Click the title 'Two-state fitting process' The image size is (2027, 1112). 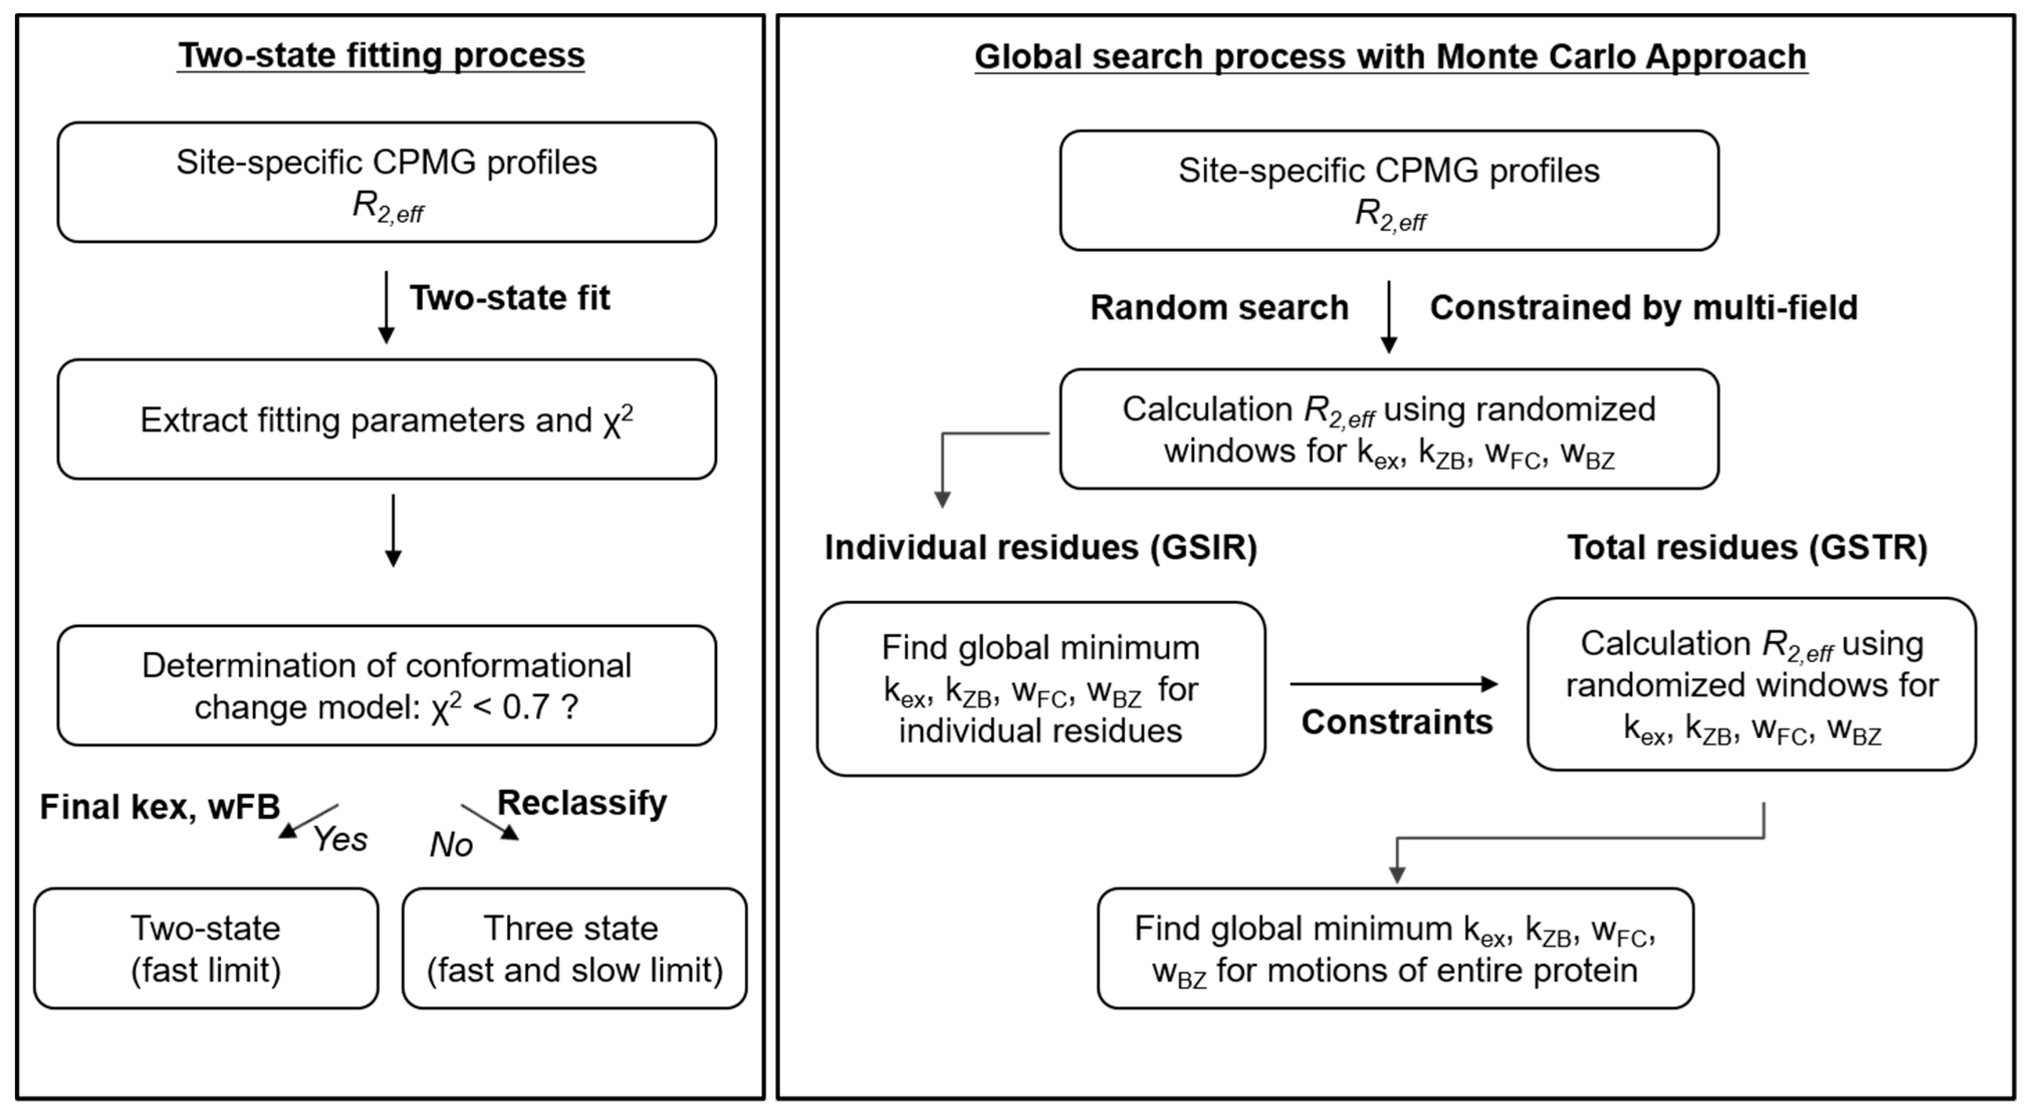tap(381, 56)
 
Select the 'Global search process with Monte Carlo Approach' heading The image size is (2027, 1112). tap(1390, 57)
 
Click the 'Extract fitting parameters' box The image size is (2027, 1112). tap(386, 420)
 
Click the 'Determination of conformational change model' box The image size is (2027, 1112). tap(386, 685)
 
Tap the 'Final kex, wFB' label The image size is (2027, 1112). tap(160, 807)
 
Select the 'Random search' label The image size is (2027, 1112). tap(1219, 308)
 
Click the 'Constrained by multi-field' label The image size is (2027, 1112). tap(1643, 308)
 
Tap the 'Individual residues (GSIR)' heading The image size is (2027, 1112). tap(1040, 547)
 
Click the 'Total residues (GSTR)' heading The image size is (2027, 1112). tap(1747, 547)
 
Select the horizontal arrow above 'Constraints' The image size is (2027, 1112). tap(1393, 684)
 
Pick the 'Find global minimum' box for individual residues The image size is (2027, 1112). tap(1040, 689)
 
